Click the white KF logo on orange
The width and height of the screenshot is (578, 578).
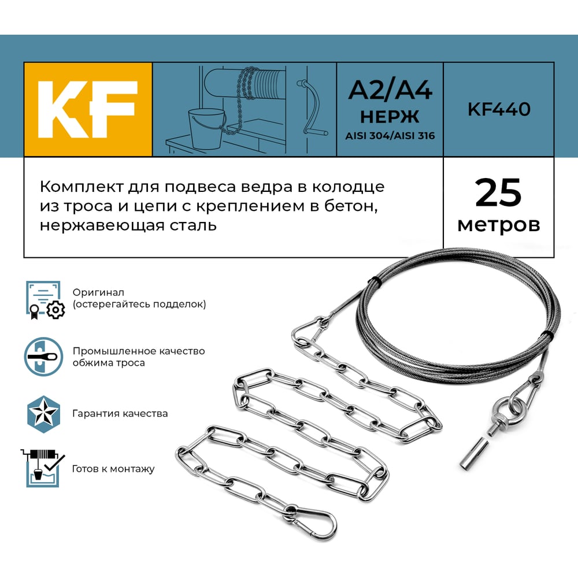tap(88, 109)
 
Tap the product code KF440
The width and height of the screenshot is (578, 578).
tap(499, 109)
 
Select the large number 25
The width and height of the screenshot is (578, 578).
tap(498, 193)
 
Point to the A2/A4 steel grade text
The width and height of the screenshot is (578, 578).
tap(390, 90)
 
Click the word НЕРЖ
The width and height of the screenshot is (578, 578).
tap(390, 117)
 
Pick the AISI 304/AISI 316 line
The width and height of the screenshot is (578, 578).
tap(390, 136)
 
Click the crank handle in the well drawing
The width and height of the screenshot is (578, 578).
tap(312, 108)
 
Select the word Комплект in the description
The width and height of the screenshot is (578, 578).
tap(82, 187)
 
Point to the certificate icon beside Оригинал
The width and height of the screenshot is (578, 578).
tap(45, 300)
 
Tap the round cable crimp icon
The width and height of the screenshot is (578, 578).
tap(43, 357)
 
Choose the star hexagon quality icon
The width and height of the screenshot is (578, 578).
tap(43, 414)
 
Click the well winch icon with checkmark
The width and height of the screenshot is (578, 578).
tap(42, 468)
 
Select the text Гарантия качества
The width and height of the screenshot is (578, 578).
tap(120, 414)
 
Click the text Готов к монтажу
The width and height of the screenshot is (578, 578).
tap(113, 469)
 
